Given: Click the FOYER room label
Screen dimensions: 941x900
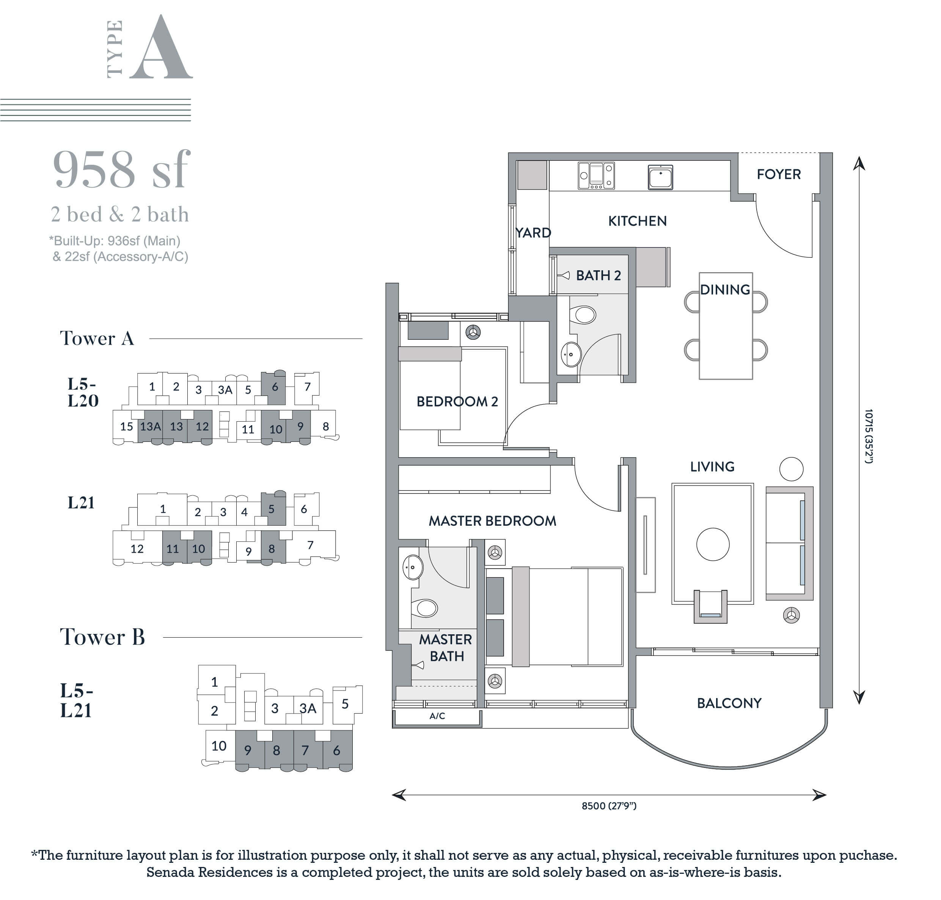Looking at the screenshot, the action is (x=779, y=174).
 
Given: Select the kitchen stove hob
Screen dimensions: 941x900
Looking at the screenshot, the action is (x=596, y=176).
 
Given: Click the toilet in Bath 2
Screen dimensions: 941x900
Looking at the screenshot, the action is (x=583, y=315).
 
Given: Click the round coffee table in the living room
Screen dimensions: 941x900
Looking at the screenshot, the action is (x=713, y=544).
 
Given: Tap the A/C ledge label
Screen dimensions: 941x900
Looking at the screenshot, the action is (x=437, y=716).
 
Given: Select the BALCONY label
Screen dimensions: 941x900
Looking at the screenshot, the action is (x=729, y=703).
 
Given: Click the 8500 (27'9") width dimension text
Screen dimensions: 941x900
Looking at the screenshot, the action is (x=609, y=805).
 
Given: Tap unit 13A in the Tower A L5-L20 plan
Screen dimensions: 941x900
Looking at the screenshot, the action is (x=150, y=426).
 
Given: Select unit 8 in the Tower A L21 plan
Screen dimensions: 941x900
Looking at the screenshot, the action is (x=271, y=549).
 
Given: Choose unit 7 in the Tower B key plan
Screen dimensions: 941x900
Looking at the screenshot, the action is (x=305, y=750).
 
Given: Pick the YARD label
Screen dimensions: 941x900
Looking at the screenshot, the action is (x=533, y=233).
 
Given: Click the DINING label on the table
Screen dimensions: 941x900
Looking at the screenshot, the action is (x=725, y=289).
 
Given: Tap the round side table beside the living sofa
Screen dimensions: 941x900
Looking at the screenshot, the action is (x=791, y=469).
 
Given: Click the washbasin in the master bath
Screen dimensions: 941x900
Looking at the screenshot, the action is (x=412, y=567).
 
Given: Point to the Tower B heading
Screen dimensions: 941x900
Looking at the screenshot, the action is (x=102, y=637).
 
